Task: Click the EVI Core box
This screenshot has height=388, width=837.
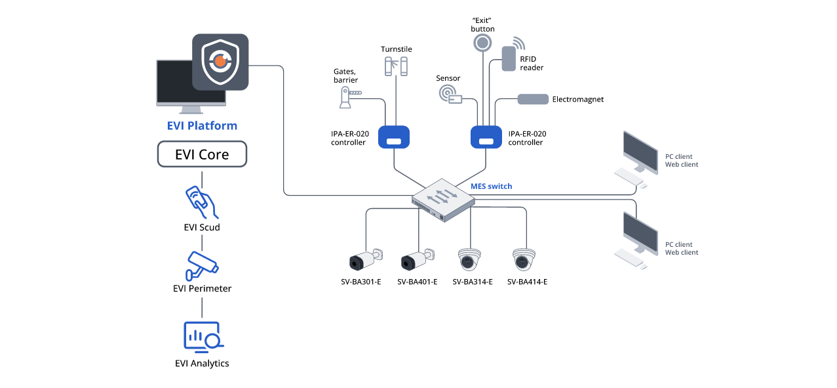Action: click(x=202, y=155)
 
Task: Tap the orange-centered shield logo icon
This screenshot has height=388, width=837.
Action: click(x=220, y=62)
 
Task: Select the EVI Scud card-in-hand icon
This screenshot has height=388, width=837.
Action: click(x=202, y=202)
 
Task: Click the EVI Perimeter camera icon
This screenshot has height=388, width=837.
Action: click(x=202, y=263)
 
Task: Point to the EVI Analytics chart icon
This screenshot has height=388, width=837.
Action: click(x=202, y=336)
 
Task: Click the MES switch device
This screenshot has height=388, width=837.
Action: click(x=443, y=199)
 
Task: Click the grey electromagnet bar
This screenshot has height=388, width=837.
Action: click(x=533, y=99)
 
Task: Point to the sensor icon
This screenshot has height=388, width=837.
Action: click(x=450, y=93)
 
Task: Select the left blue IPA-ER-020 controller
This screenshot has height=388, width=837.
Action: click(x=394, y=137)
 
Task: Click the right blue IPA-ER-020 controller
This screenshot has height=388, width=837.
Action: click(x=486, y=137)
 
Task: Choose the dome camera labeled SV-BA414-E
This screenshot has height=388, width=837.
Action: click(x=524, y=260)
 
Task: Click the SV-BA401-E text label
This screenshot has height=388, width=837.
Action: click(x=417, y=282)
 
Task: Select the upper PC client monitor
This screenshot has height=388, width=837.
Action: click(x=640, y=152)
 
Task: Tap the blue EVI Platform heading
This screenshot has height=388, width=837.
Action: click(x=202, y=125)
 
